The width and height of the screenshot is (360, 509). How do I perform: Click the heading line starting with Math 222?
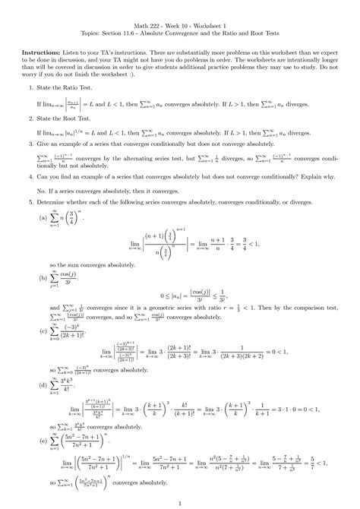pos(180,25)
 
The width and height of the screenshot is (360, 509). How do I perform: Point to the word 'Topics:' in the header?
pos(103,34)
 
